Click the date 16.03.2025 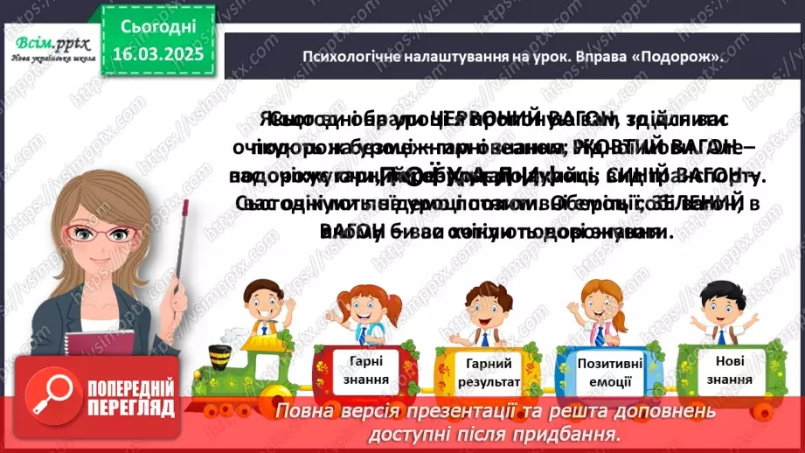click(156, 54)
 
